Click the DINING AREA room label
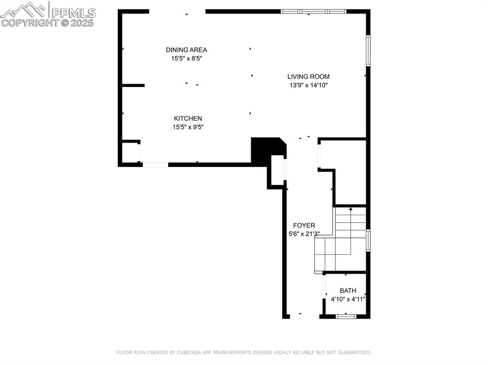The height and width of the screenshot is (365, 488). pos(186,50)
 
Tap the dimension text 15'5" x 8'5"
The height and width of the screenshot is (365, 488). pos(186,59)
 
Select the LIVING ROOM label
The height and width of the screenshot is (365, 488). pos(308,77)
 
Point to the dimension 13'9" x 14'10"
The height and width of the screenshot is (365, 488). pos(308,85)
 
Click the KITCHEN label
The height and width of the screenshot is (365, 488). pos(188,118)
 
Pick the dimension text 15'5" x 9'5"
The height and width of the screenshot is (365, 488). pos(188,127)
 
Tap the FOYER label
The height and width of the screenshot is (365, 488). pos(304,226)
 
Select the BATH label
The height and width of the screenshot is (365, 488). pos(348,291)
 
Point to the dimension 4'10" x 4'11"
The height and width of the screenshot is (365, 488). pos(348,299)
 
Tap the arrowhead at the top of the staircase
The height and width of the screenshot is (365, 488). pos(351,208)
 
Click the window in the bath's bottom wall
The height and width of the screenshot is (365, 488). pos(346,316)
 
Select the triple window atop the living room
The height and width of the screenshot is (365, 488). pos(313,11)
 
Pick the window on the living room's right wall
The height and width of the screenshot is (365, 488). pos(368,50)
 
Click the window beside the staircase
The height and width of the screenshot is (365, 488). pos(368,240)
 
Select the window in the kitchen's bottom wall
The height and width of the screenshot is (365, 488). pos(155,165)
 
